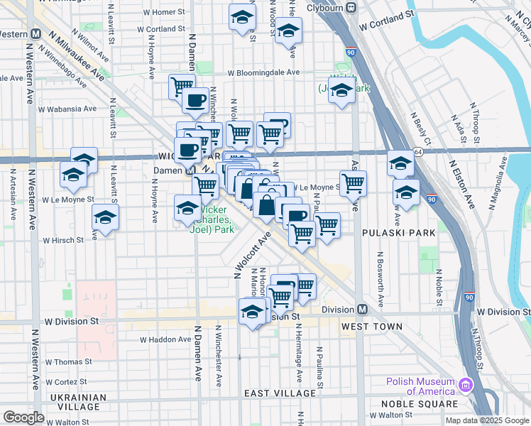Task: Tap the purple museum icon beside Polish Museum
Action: [x=466, y=386]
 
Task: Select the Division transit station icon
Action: [x=362, y=310]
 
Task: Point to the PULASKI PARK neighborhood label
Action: [x=393, y=232]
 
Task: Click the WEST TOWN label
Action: [x=371, y=327]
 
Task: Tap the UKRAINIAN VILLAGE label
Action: [x=72, y=402]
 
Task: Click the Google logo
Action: [x=24, y=417]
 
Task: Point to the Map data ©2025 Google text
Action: [x=487, y=420]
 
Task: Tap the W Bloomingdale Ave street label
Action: [x=263, y=72]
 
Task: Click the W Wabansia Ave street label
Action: [x=67, y=109]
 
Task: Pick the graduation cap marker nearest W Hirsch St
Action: [x=105, y=218]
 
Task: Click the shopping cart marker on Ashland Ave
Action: [x=353, y=183]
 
